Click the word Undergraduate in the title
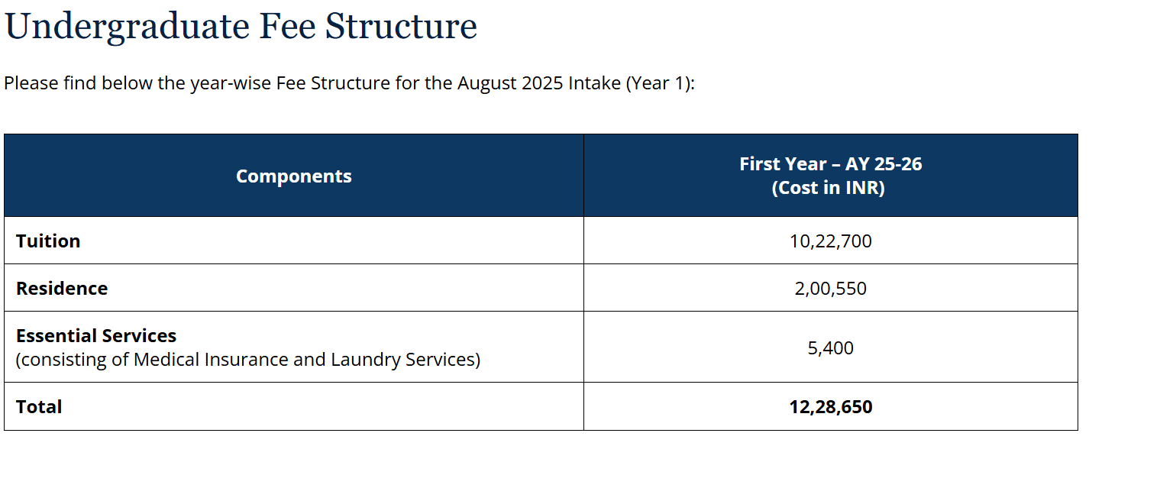[127, 27]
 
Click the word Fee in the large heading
[286, 27]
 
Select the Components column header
[293, 176]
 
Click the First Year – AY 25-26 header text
[830, 164]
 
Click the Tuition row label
[48, 241]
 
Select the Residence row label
[62, 289]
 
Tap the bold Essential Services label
[96, 336]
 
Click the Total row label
[39, 407]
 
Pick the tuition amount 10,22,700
[830, 241]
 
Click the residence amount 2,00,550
[830, 289]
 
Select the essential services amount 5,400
[830, 348]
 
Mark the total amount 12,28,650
[830, 407]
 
